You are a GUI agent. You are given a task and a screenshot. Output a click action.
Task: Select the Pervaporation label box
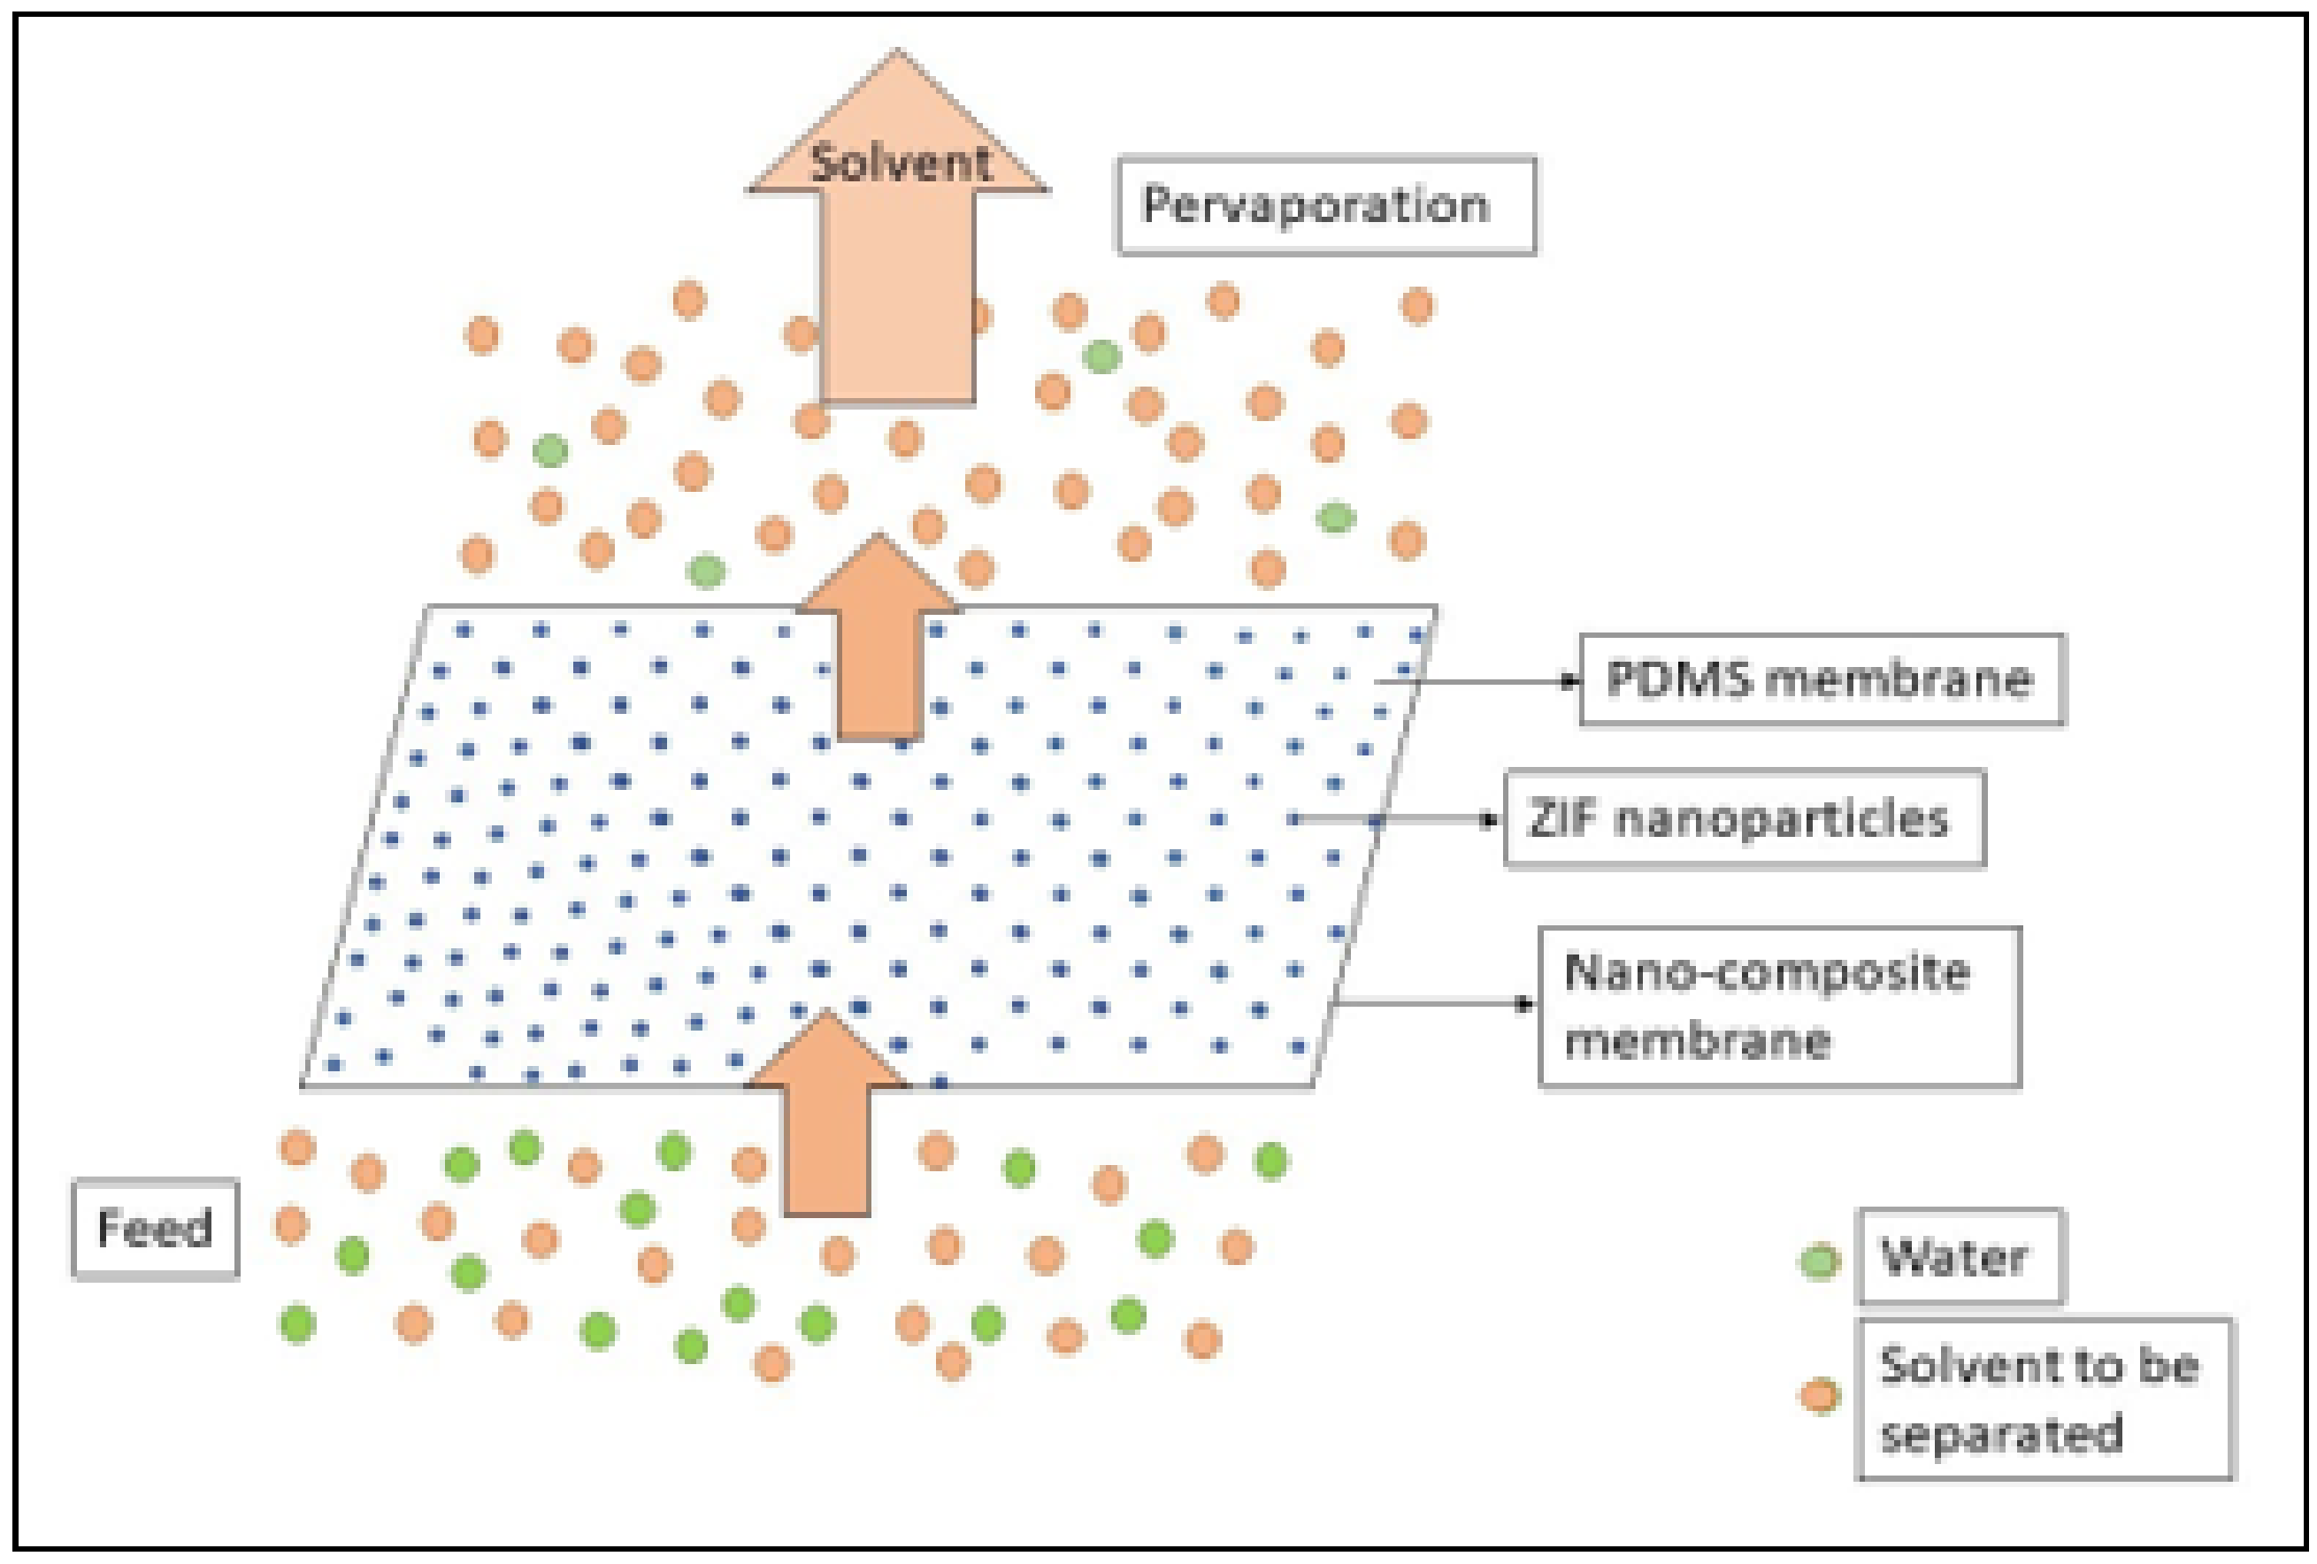click(1325, 205)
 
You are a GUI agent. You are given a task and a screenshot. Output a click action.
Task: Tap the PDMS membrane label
click(1822, 679)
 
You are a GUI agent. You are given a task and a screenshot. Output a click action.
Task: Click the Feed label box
click(156, 1228)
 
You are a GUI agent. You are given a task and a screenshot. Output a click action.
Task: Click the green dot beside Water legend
click(1820, 1262)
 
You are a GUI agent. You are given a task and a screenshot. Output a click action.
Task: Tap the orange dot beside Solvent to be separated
click(1820, 1396)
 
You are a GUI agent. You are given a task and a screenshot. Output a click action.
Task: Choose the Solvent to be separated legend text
click(2039, 1399)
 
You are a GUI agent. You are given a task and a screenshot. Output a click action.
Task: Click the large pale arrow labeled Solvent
click(897, 299)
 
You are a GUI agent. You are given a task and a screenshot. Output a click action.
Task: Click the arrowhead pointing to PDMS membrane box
click(1570, 682)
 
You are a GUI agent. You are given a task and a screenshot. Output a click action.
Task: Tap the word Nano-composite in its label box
click(1767, 972)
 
